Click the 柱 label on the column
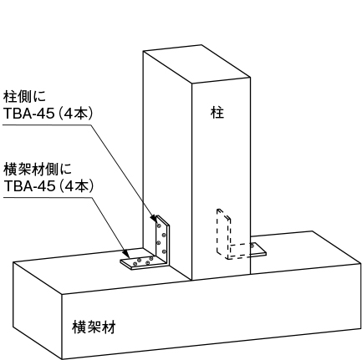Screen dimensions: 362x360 [x=217, y=113]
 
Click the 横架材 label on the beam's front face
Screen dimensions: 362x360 [x=94, y=327]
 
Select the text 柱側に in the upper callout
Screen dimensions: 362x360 [x=24, y=96]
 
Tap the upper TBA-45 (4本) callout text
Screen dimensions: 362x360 [x=48, y=114]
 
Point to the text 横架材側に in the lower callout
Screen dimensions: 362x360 [x=38, y=170]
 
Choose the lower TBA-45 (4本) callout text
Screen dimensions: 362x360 [x=48, y=186]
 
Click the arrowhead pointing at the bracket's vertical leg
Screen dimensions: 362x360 [x=154, y=219]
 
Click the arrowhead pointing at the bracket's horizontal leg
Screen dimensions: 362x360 [x=126, y=254]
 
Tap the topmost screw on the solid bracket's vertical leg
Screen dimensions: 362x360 [x=159, y=226]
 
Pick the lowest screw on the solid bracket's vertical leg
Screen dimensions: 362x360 [x=164, y=252]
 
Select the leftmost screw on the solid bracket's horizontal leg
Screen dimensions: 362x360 [x=135, y=263]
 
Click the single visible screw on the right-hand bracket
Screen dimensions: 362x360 [x=252, y=246]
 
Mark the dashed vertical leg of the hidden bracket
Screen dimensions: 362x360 [x=223, y=233]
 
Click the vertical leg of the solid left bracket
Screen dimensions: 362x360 [x=162, y=239]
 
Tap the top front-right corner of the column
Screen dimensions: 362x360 [x=250, y=78]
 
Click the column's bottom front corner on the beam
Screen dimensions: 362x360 [x=191, y=280]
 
